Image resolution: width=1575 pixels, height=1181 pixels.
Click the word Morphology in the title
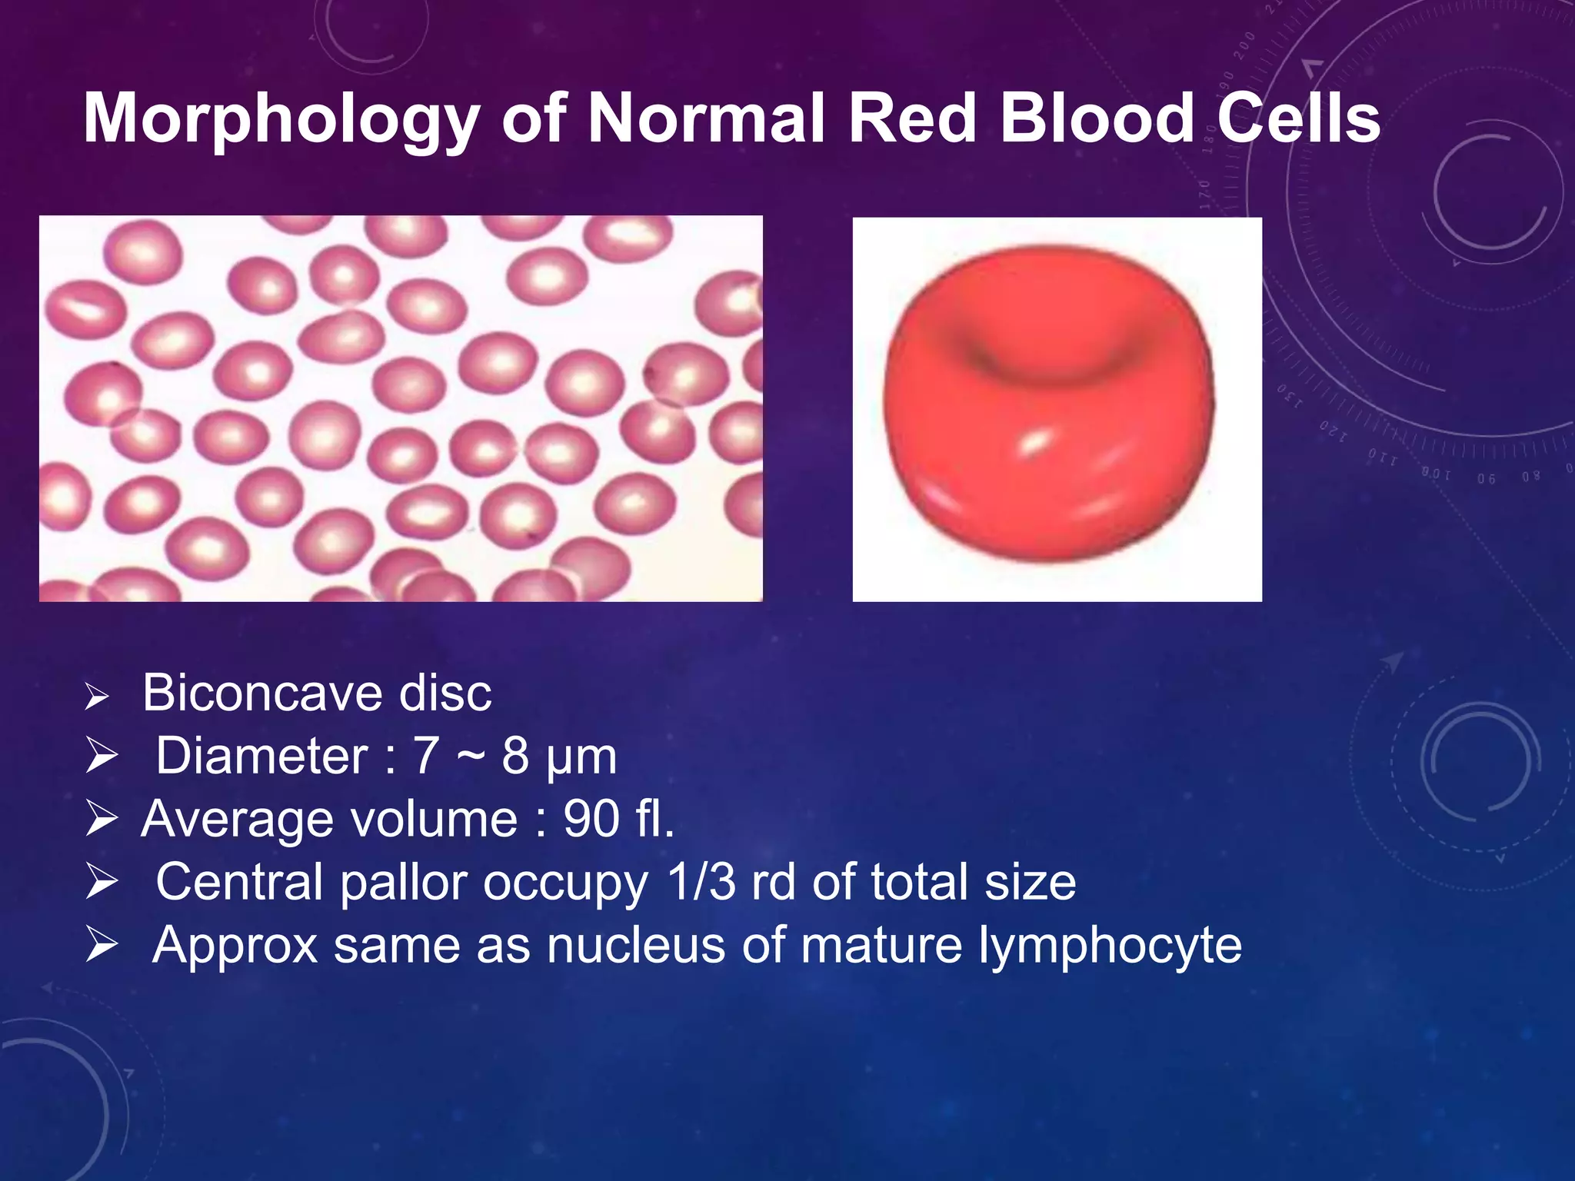click(x=281, y=119)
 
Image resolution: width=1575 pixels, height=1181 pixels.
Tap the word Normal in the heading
click(x=705, y=119)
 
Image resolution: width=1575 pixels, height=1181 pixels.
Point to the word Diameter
click(x=261, y=757)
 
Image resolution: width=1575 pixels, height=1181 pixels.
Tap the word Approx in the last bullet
click(x=235, y=946)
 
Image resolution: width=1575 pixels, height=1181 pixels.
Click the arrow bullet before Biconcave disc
click(x=97, y=697)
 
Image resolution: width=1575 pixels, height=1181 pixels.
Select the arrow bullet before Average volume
click(x=101, y=819)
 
